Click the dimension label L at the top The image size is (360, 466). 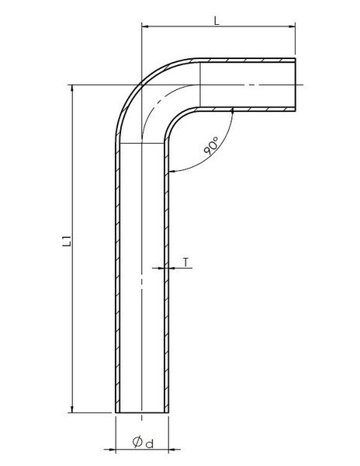tap(216, 20)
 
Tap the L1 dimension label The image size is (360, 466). tap(67, 241)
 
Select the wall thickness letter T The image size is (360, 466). tap(185, 263)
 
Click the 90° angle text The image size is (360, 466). tap(211, 146)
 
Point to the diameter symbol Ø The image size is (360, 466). tap(137, 442)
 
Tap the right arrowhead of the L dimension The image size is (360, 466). tap(292, 26)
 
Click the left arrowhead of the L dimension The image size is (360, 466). tap(145, 26)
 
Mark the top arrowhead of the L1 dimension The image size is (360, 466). tap(72, 89)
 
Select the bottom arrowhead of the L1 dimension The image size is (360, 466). tap(72, 409)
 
